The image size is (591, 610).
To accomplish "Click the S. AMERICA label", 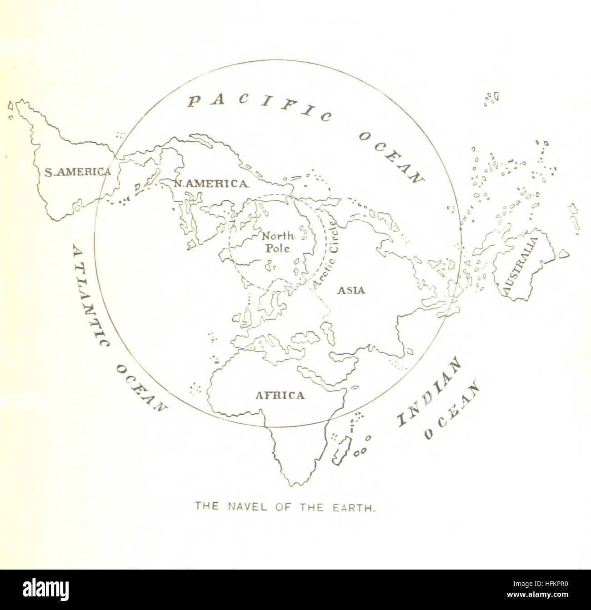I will pos(77,172).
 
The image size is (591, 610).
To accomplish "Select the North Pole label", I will pos(278,242).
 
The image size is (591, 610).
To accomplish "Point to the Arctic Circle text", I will pos(326,255).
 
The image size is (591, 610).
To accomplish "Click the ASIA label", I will pos(351,290).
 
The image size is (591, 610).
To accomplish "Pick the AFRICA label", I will pos(280,395).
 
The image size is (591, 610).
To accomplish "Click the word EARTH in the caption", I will pos(357,506).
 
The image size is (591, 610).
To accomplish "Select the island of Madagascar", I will pos(341,450).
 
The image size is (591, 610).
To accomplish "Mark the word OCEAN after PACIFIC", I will pos(391,157).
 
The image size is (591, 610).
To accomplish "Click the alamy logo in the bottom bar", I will pos(46,589).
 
